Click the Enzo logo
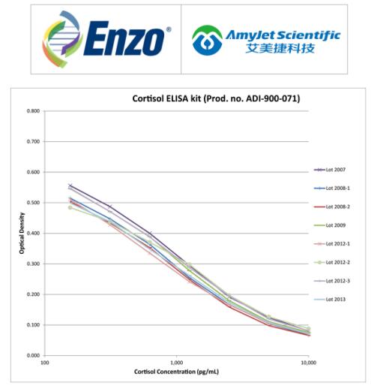click(105, 39)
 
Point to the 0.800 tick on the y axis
click(33, 111)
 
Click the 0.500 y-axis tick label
click(33, 203)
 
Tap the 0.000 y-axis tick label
click(33, 355)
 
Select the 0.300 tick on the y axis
click(33, 264)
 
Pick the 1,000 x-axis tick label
click(177, 363)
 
